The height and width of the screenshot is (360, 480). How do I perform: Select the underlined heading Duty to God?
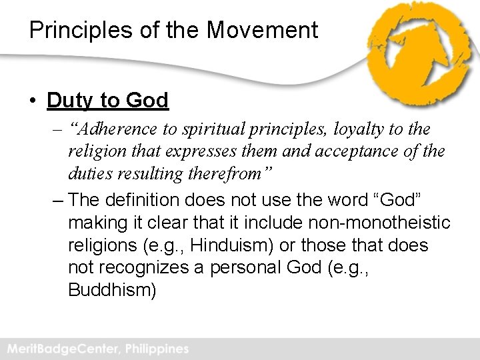107,101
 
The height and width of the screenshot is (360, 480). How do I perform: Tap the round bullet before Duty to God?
33,101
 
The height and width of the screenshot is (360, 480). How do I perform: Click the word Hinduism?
230,245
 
